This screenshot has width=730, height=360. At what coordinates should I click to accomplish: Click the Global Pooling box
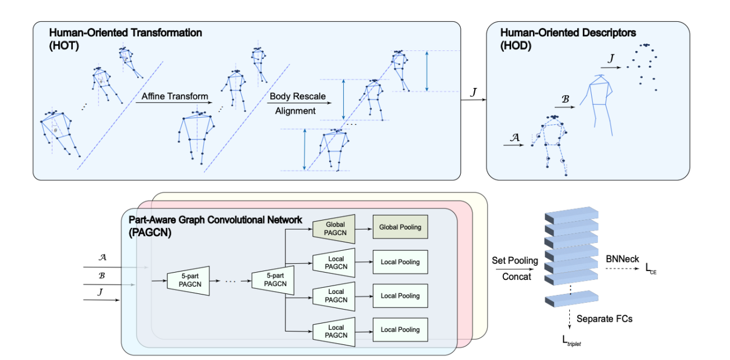[x=400, y=227]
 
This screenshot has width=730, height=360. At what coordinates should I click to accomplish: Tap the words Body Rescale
[x=297, y=96]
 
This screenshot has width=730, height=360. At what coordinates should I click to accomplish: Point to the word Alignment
[x=295, y=110]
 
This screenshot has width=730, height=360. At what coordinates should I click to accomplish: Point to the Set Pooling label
[x=514, y=260]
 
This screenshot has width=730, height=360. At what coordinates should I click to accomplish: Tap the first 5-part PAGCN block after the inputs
[x=188, y=279]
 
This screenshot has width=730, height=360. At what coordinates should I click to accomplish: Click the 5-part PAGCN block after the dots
[x=273, y=279]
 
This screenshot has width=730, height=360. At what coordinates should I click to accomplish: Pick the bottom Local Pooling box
[x=400, y=330]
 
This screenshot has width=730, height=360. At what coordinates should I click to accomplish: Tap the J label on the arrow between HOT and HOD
[x=474, y=90]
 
